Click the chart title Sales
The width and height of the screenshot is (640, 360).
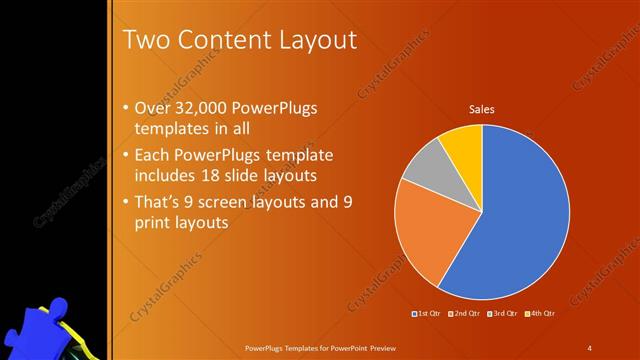(x=482, y=110)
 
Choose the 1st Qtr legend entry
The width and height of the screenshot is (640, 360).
(x=427, y=314)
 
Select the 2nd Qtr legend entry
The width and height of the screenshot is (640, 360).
(x=464, y=314)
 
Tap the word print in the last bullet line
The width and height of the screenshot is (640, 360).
(x=153, y=223)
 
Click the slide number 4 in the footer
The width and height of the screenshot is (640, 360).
(x=590, y=347)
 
